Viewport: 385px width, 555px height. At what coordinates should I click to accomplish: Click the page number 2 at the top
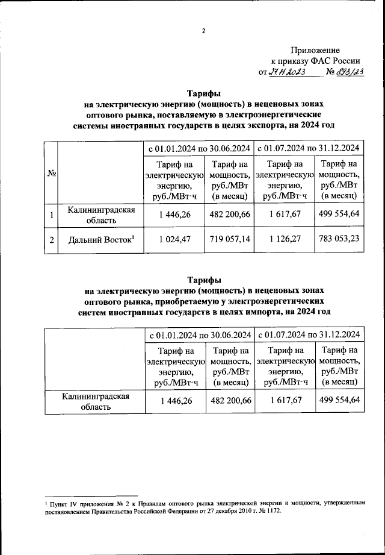pos(203,31)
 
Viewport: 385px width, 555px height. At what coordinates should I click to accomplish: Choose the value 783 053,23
pos(339,239)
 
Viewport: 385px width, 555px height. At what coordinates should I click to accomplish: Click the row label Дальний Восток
pos(100,240)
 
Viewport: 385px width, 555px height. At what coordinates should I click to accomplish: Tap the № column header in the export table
pos(51,174)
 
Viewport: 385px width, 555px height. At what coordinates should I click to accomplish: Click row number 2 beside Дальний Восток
pos(52,240)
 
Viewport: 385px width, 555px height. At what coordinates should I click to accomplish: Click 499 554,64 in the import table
pos(339,400)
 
